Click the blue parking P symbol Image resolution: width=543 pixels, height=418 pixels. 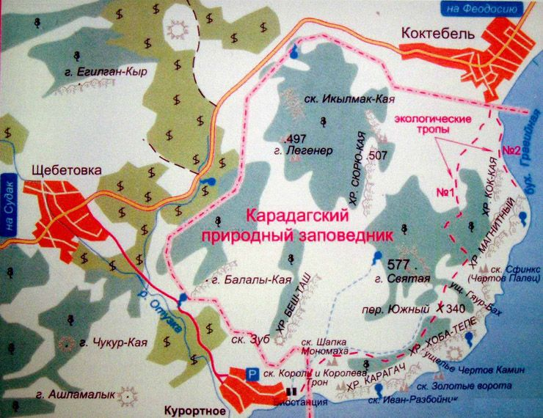(252, 374)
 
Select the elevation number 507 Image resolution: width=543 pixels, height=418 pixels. (379, 155)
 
